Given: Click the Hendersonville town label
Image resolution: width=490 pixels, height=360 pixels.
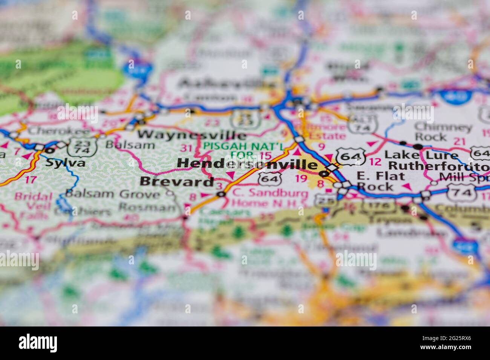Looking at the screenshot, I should tap(247, 164).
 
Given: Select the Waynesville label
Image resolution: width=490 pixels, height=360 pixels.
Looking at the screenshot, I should tap(192, 135).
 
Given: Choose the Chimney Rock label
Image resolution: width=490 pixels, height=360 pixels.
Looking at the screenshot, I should tap(443, 131).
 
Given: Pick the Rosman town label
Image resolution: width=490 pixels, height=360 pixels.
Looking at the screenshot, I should tap(147, 207).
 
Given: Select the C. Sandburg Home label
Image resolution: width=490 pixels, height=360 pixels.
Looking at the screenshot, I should tap(269, 198).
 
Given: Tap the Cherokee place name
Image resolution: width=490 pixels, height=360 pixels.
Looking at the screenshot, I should tap(59, 131).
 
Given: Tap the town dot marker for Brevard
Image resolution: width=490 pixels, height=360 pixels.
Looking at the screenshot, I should tap(221, 194).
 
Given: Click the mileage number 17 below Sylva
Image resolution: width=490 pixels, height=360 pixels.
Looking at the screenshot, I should tap(31, 179).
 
